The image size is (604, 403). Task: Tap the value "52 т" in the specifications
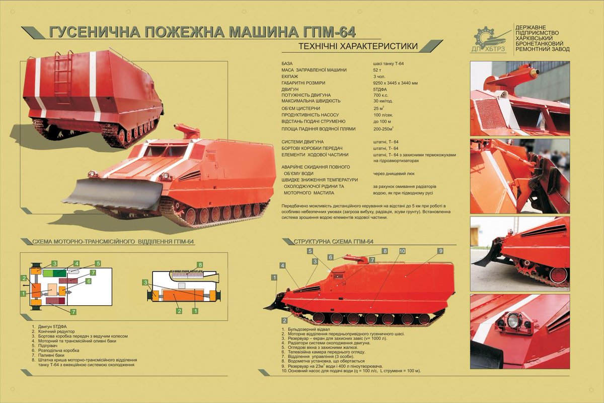coord(377,70)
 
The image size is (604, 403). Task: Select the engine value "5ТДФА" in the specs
coord(380,89)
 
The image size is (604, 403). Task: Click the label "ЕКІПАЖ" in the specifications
coord(290,77)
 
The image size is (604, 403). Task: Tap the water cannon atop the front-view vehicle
coord(187,131)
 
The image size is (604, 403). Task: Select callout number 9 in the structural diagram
coord(440,251)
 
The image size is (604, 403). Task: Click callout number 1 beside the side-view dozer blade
coord(274,278)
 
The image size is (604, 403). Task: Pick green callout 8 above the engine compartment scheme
coord(200,265)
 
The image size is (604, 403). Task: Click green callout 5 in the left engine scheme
coord(98,263)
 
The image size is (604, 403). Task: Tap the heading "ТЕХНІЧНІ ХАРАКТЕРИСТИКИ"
coord(358,46)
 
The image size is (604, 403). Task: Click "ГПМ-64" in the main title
coord(330,32)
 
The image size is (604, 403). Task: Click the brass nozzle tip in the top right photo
coord(535,73)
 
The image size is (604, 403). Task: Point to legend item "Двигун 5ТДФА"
coord(52,326)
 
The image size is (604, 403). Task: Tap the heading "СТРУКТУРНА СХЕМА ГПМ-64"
coord(333,242)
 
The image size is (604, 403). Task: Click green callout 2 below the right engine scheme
coord(179,311)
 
